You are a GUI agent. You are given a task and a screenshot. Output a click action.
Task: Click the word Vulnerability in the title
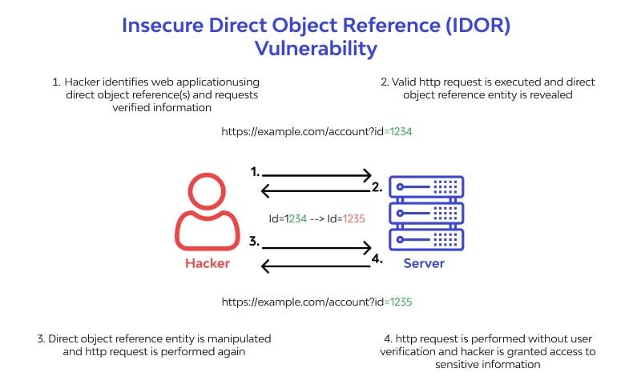[316, 49]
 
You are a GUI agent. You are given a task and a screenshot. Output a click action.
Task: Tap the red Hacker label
[208, 263]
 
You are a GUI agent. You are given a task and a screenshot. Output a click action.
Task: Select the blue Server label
[424, 263]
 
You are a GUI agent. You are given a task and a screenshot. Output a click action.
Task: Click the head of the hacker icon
[208, 194]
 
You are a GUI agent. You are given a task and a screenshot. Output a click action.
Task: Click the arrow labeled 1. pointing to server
[317, 174]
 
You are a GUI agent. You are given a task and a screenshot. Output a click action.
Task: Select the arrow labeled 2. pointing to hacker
[317, 190]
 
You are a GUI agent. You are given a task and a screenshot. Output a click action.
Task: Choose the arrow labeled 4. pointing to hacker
[317, 266]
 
